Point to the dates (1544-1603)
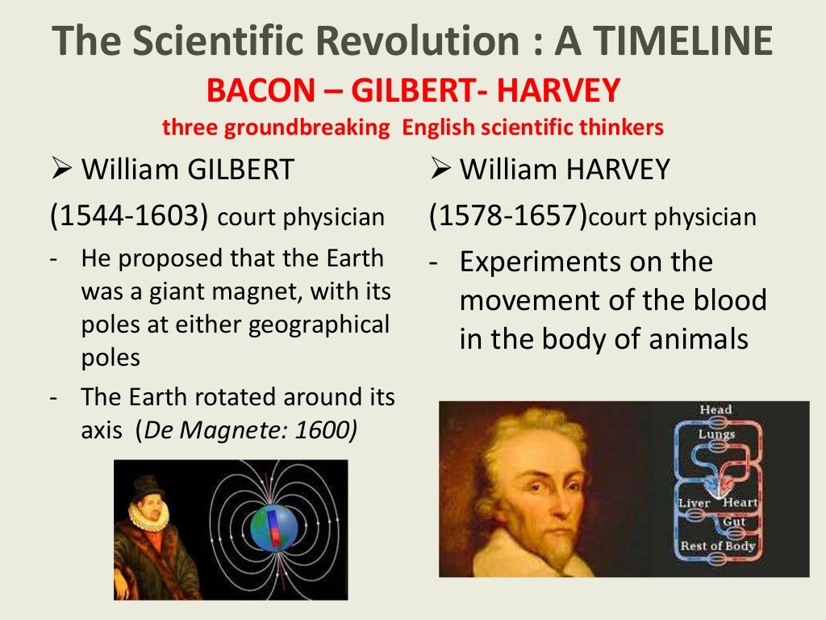(130, 217)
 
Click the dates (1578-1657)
(508, 217)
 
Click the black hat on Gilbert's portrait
(148, 487)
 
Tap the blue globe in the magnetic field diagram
(273, 528)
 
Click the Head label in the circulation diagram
(715, 410)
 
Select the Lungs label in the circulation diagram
(716, 434)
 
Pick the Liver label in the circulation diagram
(694, 504)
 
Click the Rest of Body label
(717, 547)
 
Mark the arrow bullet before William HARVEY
(440, 170)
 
